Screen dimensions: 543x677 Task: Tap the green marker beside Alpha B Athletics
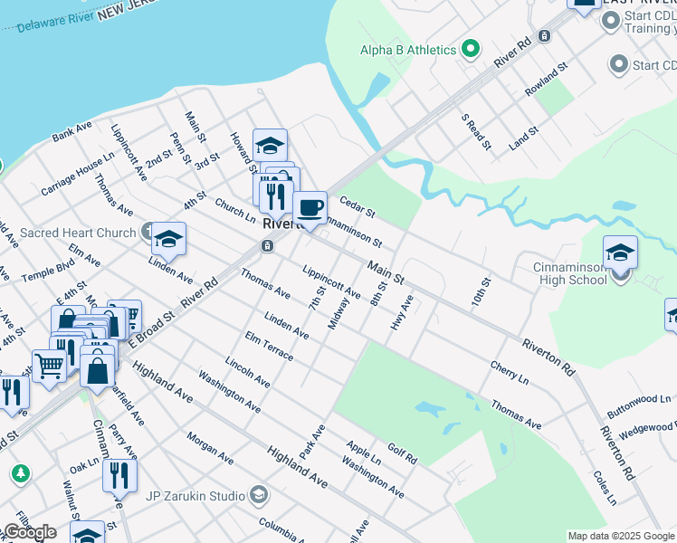(471, 50)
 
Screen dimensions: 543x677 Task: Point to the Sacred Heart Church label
(78, 233)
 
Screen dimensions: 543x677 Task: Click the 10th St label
(479, 292)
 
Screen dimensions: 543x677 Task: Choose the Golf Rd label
(403, 453)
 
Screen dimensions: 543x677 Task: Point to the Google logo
(29, 532)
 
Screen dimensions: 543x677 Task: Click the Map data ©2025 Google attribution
(621, 536)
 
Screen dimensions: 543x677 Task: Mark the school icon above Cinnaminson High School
(620, 252)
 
